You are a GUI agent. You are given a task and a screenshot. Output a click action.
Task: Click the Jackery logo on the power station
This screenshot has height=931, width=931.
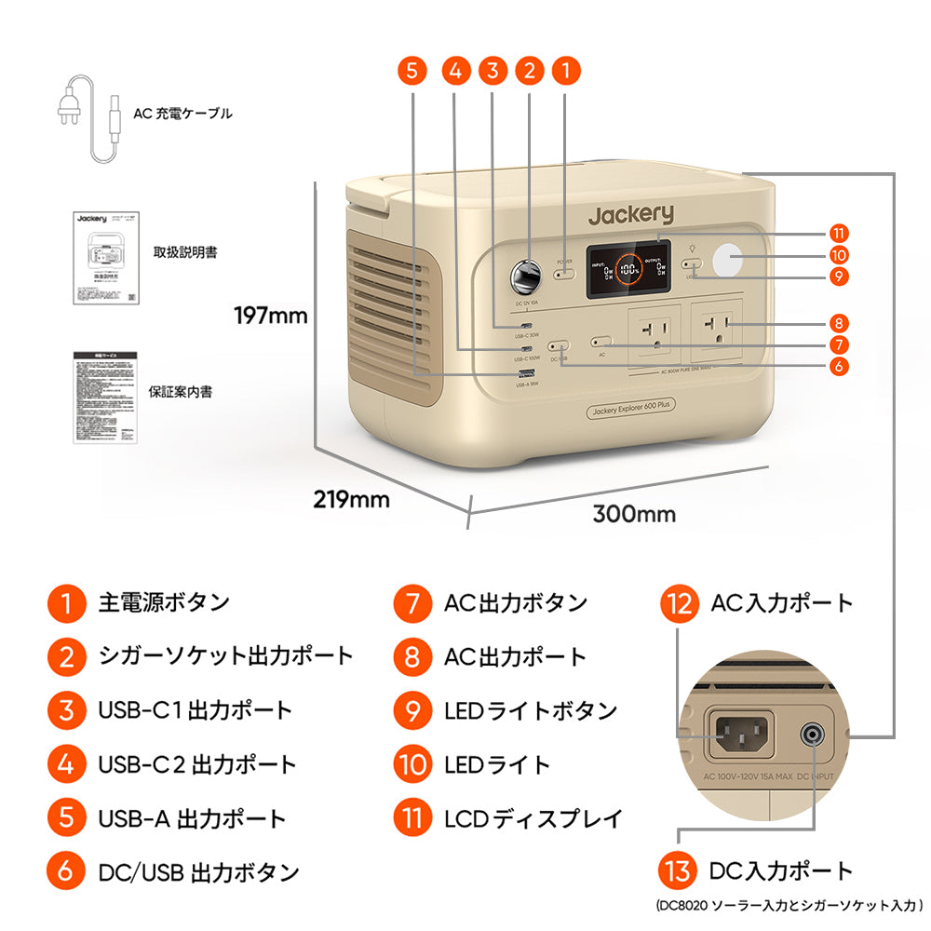pyautogui.click(x=629, y=214)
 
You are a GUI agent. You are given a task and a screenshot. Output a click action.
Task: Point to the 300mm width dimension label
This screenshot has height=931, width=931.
pyautogui.click(x=634, y=514)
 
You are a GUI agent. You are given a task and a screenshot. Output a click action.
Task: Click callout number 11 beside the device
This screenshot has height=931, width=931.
pyautogui.click(x=839, y=233)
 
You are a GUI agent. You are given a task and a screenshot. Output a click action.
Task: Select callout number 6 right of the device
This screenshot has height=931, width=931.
pyautogui.click(x=839, y=365)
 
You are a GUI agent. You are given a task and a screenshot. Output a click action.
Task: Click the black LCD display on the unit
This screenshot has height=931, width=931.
pyautogui.click(x=627, y=270)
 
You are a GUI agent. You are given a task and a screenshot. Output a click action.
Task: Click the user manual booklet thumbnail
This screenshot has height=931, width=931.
pyautogui.click(x=100, y=257)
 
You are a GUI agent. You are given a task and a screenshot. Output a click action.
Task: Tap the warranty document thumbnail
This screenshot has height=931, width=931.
pyautogui.click(x=105, y=396)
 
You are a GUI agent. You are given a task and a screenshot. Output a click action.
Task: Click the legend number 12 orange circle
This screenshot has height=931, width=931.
pyautogui.click(x=678, y=603)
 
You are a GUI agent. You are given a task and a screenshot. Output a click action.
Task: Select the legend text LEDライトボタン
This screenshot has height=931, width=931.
pyautogui.click(x=531, y=710)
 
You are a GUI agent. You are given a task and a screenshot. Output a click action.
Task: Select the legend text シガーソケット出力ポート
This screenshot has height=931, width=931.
pyautogui.click(x=225, y=655)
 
